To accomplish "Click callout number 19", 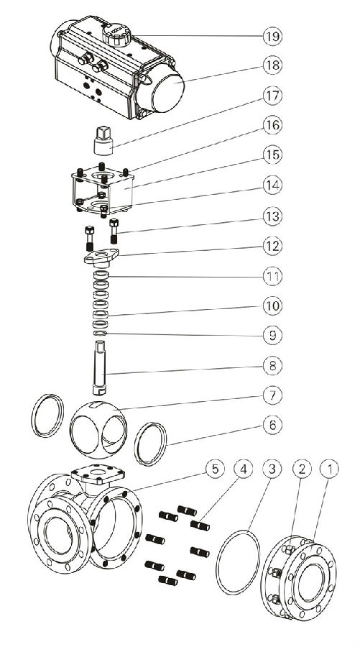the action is click(x=272, y=37).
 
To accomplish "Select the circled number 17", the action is click(x=272, y=96).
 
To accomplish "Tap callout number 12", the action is click(x=272, y=246).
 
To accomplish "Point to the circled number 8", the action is click(x=272, y=365).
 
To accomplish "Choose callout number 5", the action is click(x=215, y=469).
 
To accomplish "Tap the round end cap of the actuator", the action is click(x=167, y=91).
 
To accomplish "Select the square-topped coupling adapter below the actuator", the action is click(x=103, y=141).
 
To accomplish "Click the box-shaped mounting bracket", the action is click(x=103, y=190).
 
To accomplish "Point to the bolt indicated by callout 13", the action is click(x=114, y=231).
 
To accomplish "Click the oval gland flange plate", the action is click(x=101, y=257).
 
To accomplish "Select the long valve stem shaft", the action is click(x=100, y=367).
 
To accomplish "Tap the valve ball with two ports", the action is click(x=98, y=430).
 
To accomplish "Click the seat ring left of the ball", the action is click(x=48, y=416).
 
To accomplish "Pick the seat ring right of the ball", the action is click(x=150, y=444).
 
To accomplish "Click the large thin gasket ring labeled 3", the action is click(x=238, y=563).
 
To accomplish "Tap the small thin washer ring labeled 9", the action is click(x=100, y=333).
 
